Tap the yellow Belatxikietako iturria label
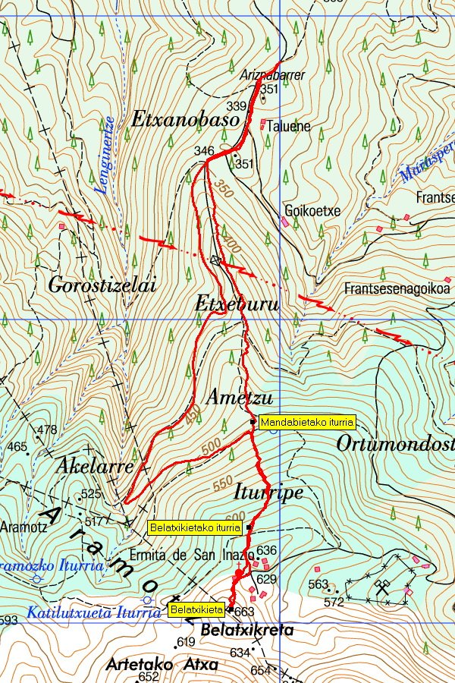(x=195, y=527)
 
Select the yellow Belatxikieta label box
(x=196, y=609)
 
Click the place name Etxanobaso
(x=185, y=119)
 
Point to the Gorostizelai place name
(x=102, y=286)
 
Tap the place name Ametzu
(x=240, y=398)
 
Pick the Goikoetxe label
(x=312, y=211)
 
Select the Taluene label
(x=289, y=127)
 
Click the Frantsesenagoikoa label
(x=397, y=289)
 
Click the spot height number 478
(x=47, y=430)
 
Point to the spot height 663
(x=244, y=612)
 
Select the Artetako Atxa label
(x=162, y=665)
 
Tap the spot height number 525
(x=91, y=495)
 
